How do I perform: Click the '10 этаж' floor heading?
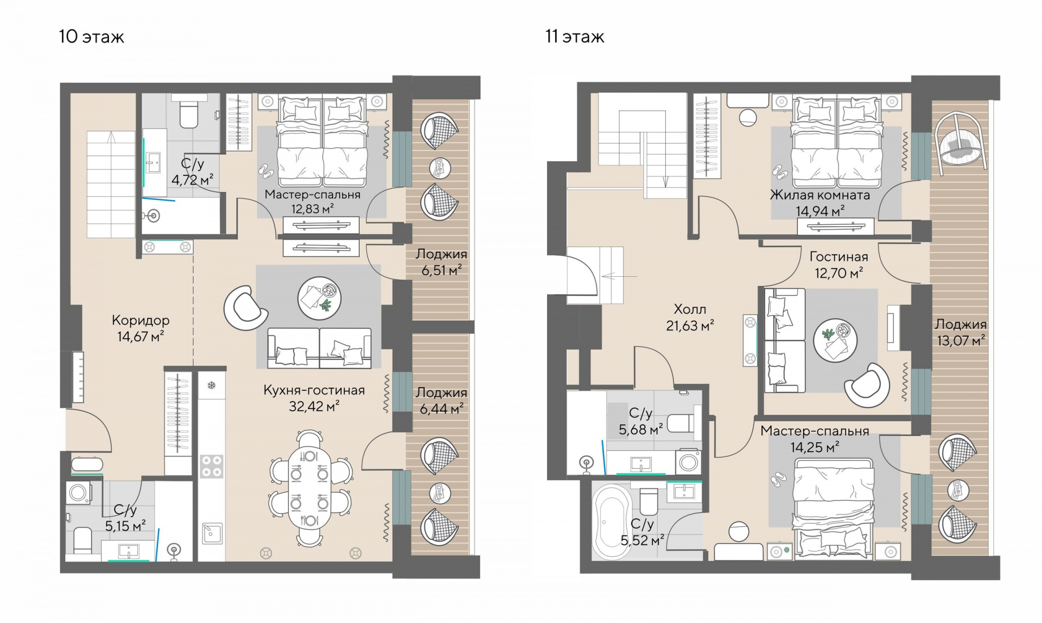point(92,37)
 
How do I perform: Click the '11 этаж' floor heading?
point(575,37)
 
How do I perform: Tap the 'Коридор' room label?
point(141,320)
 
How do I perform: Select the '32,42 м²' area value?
point(314,406)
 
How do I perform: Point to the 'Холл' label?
point(690,309)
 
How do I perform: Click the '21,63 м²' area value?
point(690,326)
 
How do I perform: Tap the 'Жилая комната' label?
point(819,195)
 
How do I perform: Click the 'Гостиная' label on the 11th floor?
point(838,257)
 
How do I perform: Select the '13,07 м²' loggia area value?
point(961,340)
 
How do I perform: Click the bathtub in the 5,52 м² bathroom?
point(612,522)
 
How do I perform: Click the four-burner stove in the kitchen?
point(211,466)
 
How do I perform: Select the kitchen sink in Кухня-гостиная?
point(211,533)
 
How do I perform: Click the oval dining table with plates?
point(309,488)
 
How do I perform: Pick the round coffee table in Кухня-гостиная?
point(319,298)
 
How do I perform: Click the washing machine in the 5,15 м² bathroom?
point(79,493)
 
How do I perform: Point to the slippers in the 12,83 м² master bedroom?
point(266,171)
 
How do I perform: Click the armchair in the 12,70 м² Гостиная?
point(867,385)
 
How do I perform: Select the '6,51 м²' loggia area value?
point(442,270)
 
